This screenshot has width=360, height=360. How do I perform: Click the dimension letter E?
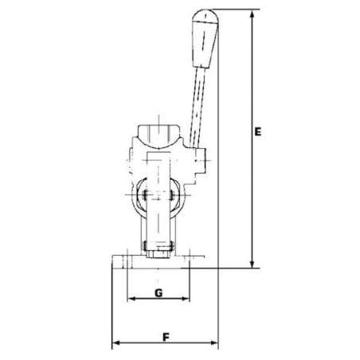tap(260, 133)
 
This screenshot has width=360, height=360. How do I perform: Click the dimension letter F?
tap(165, 336)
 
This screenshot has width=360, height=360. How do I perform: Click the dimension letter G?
tap(158, 293)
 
